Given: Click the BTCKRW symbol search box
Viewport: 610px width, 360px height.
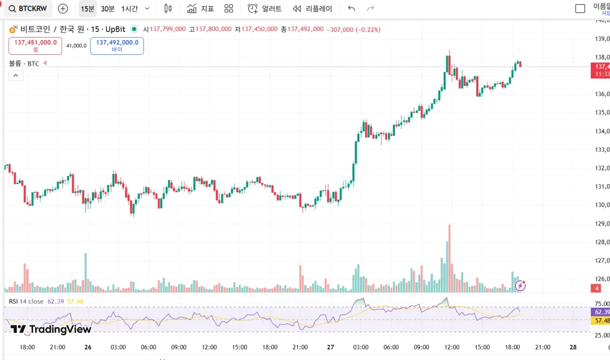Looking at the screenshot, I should (28, 9).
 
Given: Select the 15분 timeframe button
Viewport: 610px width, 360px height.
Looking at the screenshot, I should (87, 9).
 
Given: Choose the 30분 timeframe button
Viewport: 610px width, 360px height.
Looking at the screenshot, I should (108, 9).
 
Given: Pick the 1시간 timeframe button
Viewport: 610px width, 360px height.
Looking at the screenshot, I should (130, 9).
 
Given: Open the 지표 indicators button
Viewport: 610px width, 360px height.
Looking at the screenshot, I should (200, 9).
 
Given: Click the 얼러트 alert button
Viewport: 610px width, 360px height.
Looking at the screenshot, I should (264, 9).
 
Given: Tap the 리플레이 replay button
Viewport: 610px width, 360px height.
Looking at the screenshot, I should (313, 9).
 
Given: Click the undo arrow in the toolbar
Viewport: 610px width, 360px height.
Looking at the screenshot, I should (351, 9).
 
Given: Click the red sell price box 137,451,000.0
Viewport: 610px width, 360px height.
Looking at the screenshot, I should (35, 46).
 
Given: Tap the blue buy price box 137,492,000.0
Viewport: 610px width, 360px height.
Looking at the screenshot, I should (117, 46).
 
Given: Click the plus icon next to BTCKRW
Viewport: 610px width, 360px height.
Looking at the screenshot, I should (63, 9).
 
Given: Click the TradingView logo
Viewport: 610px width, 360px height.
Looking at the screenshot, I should (51, 329).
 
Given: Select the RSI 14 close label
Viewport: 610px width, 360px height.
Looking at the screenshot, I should (26, 301).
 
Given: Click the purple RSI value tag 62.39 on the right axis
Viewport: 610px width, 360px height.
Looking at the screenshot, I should (600, 312).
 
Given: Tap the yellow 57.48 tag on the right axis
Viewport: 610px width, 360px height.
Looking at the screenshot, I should (600, 321).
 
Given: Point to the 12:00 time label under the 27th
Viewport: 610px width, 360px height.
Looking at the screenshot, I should (452, 347).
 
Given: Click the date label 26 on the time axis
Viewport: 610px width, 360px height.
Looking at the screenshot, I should (88, 347).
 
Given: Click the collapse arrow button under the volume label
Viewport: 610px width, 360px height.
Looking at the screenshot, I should (15, 76).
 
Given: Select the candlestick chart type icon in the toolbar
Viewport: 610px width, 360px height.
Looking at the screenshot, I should (168, 9).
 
